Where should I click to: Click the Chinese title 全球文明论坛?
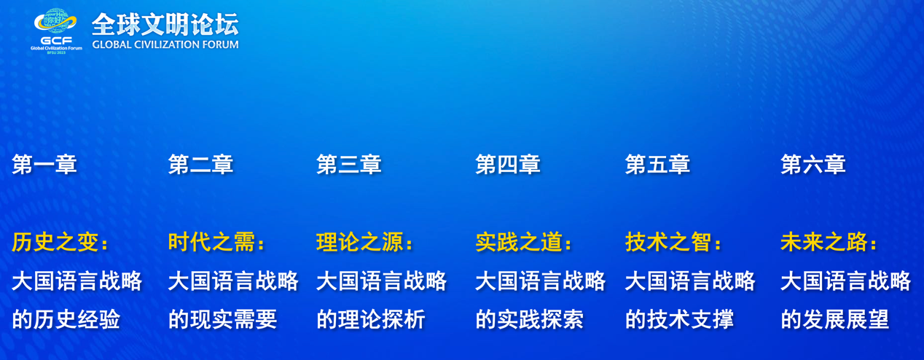(165, 25)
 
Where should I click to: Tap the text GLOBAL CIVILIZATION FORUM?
(165, 44)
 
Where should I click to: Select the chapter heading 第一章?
(44, 164)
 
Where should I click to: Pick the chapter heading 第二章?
(200, 164)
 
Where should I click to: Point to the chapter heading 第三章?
(349, 164)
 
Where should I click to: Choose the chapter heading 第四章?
(508, 164)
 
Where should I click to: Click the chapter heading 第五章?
(657, 164)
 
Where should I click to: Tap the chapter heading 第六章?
(813, 164)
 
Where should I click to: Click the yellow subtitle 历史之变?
(55, 242)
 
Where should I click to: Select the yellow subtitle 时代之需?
(211, 242)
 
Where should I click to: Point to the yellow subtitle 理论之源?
(360, 242)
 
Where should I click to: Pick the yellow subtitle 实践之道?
(519, 242)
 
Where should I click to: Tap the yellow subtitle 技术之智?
(668, 242)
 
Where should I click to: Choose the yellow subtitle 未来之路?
(823, 242)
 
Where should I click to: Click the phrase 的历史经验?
(66, 319)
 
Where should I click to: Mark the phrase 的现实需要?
(222, 319)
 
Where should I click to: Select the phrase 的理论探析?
(371, 319)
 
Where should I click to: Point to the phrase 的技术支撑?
(679, 319)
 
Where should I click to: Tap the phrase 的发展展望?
(835, 319)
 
